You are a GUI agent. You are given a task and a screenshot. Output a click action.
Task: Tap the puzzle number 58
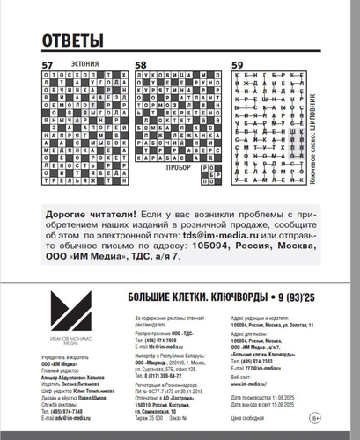click(140, 65)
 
